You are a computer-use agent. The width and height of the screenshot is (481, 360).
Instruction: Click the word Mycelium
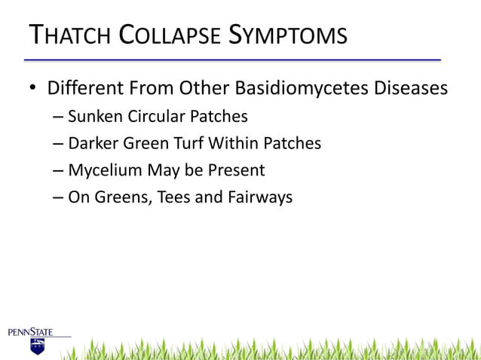(x=105, y=171)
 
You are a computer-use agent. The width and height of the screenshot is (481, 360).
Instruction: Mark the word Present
(x=235, y=170)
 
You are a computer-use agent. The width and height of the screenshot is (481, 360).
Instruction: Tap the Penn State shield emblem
(x=37, y=346)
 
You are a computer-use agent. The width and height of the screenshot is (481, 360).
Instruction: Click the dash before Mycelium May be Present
(x=59, y=171)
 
